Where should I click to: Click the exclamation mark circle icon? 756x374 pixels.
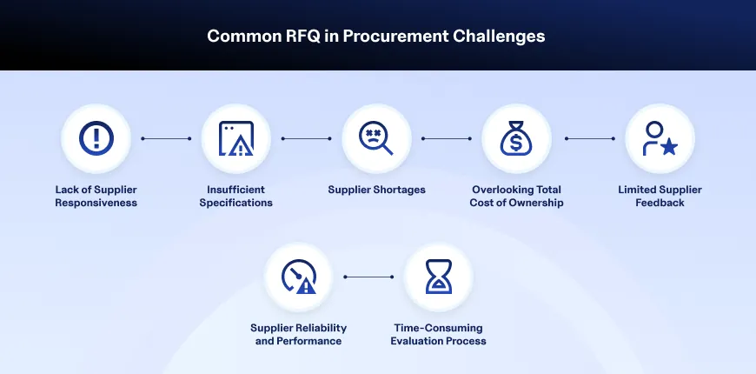(x=96, y=138)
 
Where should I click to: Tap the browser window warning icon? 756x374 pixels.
(x=236, y=138)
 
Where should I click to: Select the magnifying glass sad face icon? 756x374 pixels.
(x=376, y=138)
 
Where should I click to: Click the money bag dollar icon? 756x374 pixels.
(x=516, y=138)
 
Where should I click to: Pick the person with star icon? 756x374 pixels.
(x=660, y=138)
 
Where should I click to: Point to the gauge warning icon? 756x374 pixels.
(x=299, y=277)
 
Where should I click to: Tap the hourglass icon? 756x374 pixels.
(x=439, y=277)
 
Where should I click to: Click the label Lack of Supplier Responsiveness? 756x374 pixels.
(x=96, y=197)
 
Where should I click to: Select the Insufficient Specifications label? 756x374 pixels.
(x=236, y=197)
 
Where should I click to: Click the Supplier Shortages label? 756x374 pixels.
(x=376, y=190)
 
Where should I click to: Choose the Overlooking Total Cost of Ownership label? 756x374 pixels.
(x=516, y=197)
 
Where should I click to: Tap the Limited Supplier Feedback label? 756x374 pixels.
(x=660, y=197)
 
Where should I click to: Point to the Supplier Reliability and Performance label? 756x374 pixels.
(x=298, y=335)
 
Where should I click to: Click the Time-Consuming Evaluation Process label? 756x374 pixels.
(x=438, y=335)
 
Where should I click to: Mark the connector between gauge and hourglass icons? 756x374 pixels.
(x=368, y=277)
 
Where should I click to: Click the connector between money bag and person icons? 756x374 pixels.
(x=590, y=138)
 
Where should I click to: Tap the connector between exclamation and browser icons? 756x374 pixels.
(x=166, y=138)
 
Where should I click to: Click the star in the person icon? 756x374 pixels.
(x=669, y=147)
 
